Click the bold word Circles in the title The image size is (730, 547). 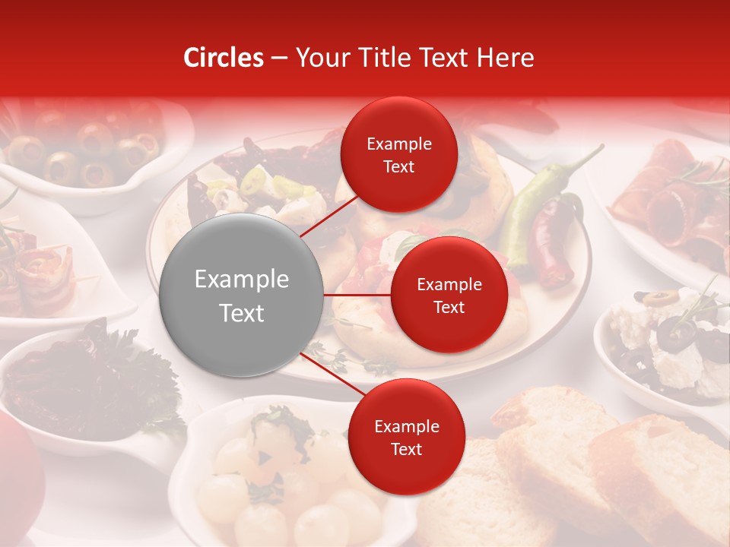point(223,58)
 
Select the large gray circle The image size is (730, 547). point(241,296)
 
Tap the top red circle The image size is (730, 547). point(398,155)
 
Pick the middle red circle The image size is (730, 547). point(449,295)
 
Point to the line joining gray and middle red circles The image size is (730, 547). point(357,294)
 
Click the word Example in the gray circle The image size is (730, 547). point(241,280)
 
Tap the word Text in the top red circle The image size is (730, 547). point(398,167)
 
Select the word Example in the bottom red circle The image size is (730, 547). point(406,426)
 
